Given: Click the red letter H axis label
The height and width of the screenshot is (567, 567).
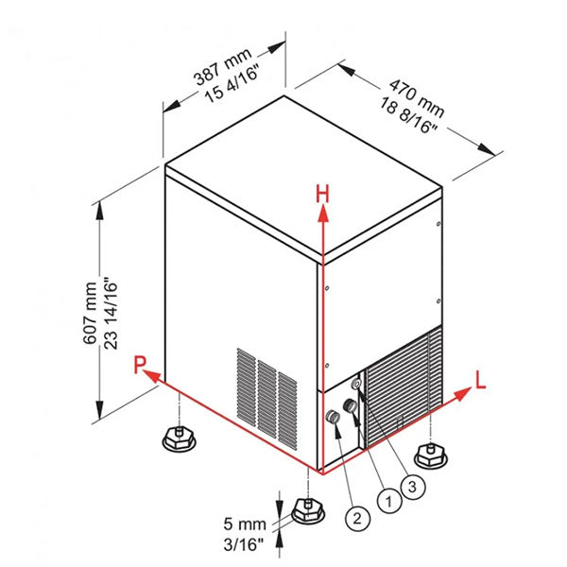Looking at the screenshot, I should [x=322, y=194].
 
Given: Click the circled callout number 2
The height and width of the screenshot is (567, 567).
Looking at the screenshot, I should [x=355, y=517].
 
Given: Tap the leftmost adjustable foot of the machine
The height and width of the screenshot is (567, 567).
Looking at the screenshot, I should [x=177, y=436].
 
